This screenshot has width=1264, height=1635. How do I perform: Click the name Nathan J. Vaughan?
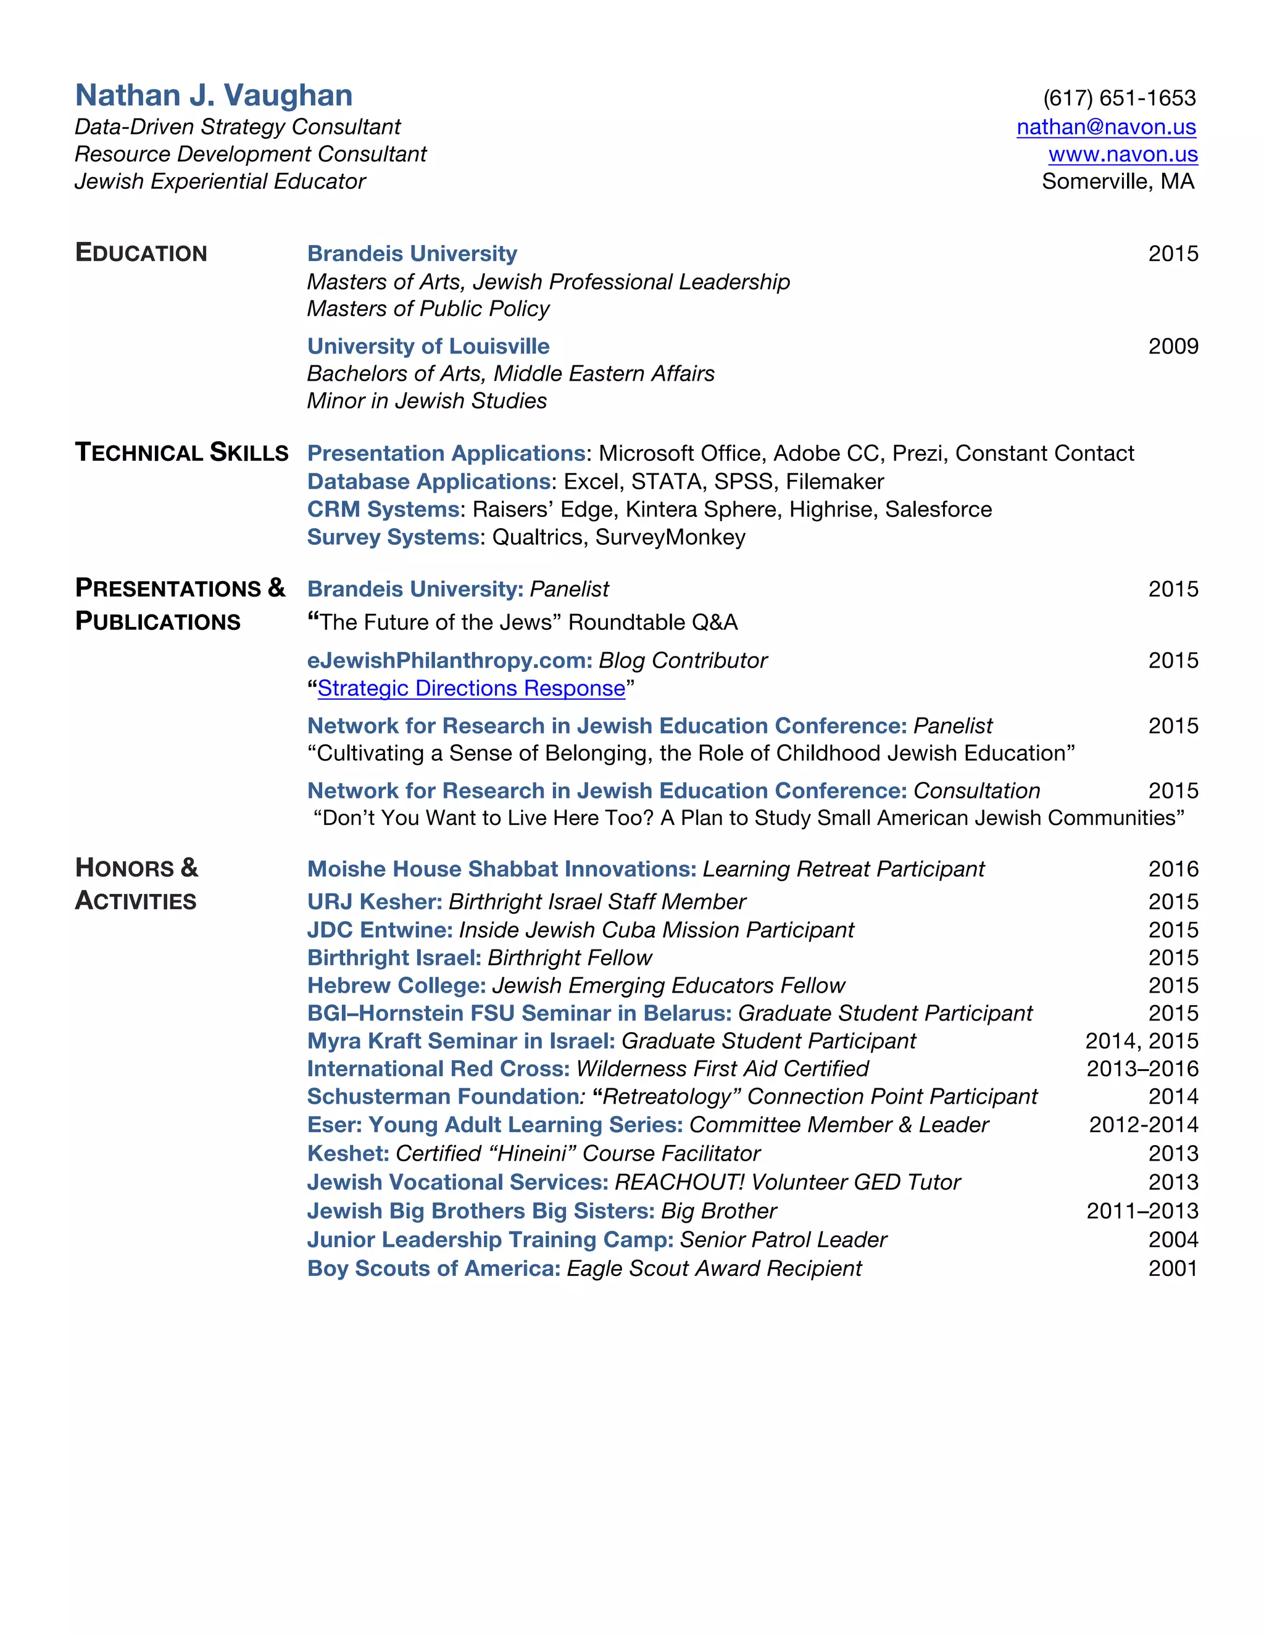(x=214, y=96)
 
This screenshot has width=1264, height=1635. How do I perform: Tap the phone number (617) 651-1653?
(x=1119, y=98)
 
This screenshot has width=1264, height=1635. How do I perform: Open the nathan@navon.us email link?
(x=1105, y=126)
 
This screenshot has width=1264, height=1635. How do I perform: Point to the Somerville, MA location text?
(x=1117, y=181)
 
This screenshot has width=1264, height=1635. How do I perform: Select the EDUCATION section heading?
(x=141, y=253)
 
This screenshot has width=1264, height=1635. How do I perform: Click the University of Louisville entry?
(x=428, y=346)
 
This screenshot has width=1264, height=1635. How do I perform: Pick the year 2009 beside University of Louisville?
(x=1173, y=346)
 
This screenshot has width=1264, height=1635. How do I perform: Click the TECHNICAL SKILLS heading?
(x=181, y=452)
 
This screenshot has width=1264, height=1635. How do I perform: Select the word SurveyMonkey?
(x=670, y=537)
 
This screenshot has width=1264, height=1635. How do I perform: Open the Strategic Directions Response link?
(x=471, y=688)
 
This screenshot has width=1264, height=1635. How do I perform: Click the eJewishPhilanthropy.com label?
(x=449, y=660)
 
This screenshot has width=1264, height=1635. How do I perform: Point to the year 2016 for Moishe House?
(x=1173, y=869)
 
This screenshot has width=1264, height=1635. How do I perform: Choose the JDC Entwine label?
(x=380, y=930)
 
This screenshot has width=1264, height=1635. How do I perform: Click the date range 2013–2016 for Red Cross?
(x=1142, y=1068)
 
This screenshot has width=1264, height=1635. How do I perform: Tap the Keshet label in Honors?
(x=347, y=1153)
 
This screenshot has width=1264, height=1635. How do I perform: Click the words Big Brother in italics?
(x=718, y=1211)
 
